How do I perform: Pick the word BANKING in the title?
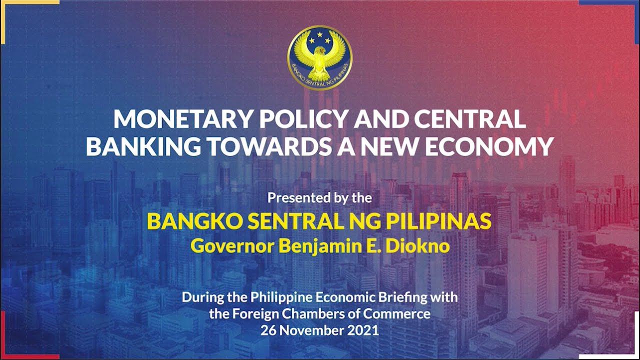coord(144,146)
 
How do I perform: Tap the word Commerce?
coord(404,314)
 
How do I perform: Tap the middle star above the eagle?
coord(319,35)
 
